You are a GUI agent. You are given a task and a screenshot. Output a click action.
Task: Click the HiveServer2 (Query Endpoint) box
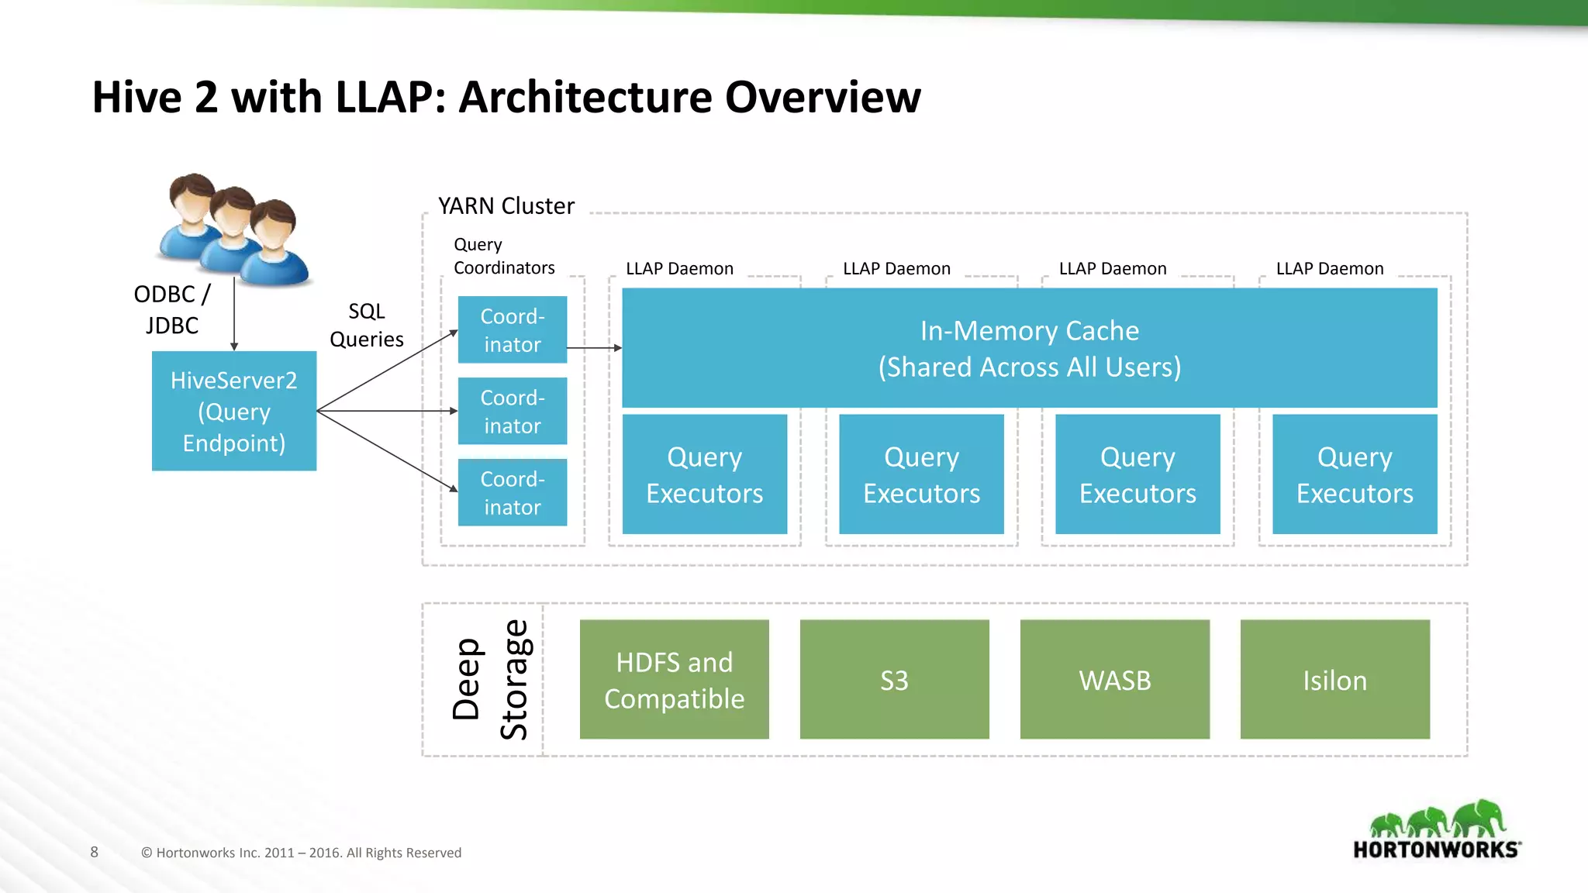[233, 411]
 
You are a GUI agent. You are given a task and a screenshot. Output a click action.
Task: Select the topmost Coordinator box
[512, 329]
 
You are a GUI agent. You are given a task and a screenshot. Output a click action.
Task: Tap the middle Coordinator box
[512, 411]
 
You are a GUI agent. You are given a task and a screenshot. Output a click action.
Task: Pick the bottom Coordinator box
[512, 492]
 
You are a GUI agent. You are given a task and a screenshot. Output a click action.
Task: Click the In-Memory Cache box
[1029, 348]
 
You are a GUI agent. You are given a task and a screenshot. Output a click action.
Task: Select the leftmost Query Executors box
[704, 474]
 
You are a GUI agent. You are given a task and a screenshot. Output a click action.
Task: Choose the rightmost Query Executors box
[1354, 474]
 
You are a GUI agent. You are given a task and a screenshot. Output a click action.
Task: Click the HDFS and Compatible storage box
[674, 679]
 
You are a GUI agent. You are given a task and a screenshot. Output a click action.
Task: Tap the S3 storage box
[894, 679]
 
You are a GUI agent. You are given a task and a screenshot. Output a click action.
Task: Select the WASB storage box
[1114, 679]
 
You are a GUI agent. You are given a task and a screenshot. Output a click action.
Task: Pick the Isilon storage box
[1334, 679]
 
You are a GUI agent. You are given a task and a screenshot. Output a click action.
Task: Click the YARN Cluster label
[506, 206]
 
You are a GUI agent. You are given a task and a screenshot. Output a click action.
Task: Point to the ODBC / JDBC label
[171, 309]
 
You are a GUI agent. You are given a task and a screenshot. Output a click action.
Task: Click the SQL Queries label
[366, 325]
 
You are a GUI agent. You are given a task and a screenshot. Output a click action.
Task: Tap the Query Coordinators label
[503, 257]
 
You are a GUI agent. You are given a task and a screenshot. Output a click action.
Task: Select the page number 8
[94, 852]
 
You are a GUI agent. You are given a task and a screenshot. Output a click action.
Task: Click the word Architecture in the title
[585, 98]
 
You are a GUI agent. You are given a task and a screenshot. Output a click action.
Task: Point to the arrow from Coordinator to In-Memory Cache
[594, 348]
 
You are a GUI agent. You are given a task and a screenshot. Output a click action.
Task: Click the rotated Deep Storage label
[490, 679]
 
